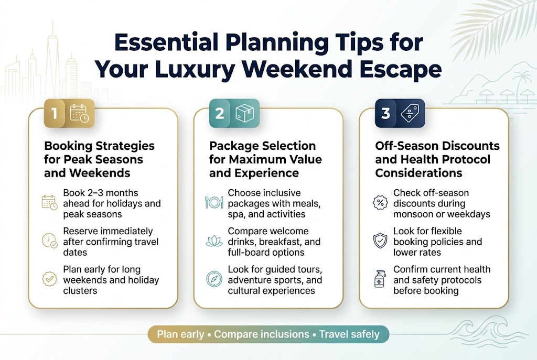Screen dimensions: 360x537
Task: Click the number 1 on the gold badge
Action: click(x=54, y=114)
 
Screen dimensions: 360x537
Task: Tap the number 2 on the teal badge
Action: click(x=220, y=114)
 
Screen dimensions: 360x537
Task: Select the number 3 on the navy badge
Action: click(x=385, y=114)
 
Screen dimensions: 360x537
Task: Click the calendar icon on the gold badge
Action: click(x=80, y=114)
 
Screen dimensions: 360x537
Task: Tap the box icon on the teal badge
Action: click(x=244, y=114)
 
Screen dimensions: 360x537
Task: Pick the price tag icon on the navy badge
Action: click(x=410, y=114)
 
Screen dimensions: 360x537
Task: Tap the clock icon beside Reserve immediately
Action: click(x=50, y=241)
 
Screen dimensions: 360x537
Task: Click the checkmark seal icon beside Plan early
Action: click(x=50, y=279)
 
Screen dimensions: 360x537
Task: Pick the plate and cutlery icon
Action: click(x=214, y=202)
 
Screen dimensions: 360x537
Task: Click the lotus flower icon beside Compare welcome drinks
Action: click(x=214, y=241)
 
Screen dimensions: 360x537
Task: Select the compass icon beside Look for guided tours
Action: click(x=214, y=279)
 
